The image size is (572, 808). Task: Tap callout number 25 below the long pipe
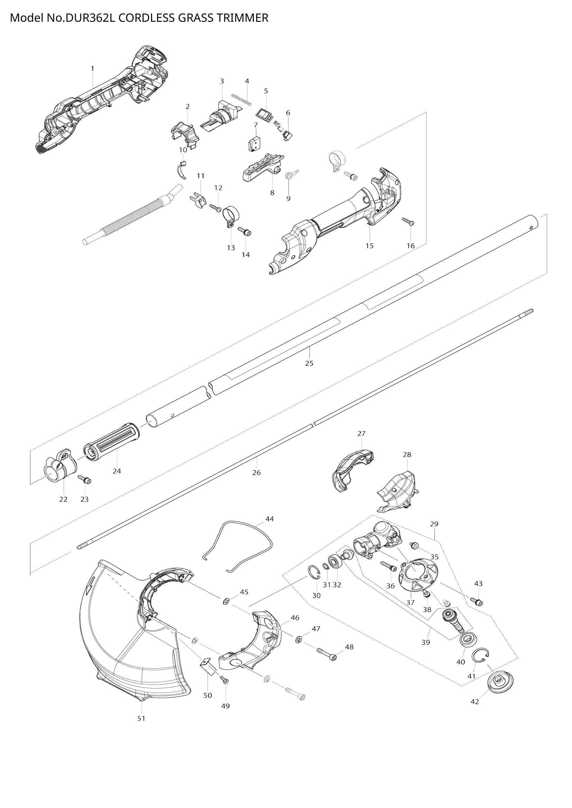click(309, 363)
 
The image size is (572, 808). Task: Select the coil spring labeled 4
click(242, 99)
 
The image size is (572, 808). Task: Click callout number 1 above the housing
click(92, 68)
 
